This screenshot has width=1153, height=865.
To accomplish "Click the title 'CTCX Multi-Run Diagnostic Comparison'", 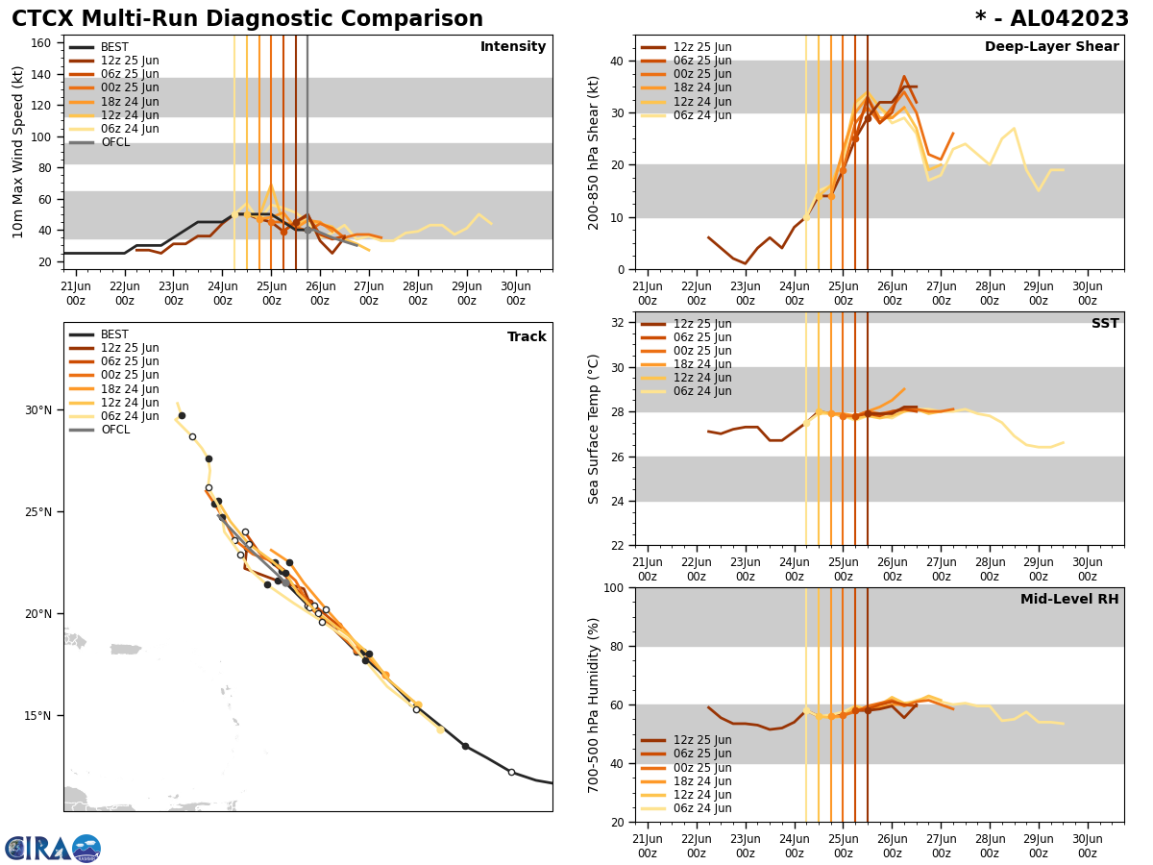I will click(247, 19).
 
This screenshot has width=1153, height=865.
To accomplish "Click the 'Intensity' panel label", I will click(513, 47).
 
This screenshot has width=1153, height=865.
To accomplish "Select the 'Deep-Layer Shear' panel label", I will click(1051, 47).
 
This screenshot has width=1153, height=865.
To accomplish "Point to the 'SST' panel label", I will click(1105, 324).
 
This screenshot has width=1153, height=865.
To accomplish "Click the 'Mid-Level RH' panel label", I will click(1069, 600).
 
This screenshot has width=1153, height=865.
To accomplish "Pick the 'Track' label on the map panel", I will click(527, 337).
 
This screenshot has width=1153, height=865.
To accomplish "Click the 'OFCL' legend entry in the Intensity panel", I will click(114, 142).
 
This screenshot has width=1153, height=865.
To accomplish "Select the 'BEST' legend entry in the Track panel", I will click(114, 334).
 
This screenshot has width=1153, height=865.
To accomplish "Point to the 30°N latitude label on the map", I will click(38, 410).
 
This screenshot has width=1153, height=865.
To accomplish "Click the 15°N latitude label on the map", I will click(38, 716).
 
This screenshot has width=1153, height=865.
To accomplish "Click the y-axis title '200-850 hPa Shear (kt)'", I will click(595, 152).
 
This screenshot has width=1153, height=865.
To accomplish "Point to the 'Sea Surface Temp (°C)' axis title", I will click(595, 429).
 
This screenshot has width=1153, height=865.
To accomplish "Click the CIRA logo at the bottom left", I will click(53, 849).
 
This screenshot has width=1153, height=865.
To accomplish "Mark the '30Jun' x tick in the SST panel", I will click(1087, 570).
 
